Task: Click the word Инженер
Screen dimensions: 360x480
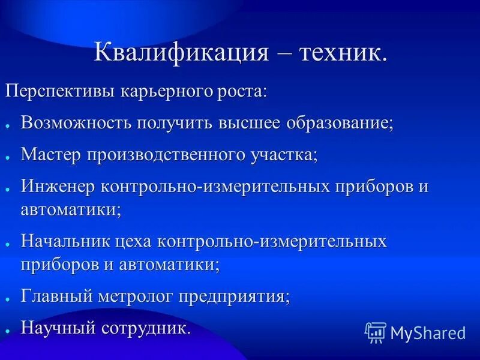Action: [x=59, y=186]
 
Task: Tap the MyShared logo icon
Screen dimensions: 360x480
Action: [x=376, y=332]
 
